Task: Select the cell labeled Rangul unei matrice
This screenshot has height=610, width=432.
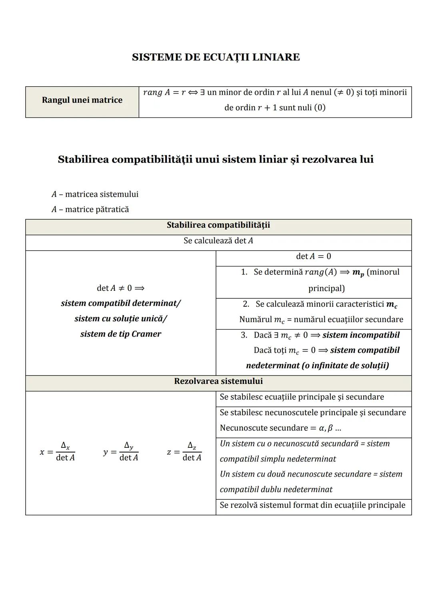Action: coord(82,100)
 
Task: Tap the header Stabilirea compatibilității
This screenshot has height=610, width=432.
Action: coord(218,225)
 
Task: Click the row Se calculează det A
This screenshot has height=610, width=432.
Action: coord(218,241)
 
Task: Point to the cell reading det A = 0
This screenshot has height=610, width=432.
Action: coord(313,256)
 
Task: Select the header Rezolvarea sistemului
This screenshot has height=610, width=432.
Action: coord(218,381)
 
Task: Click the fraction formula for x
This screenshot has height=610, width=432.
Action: coord(58,452)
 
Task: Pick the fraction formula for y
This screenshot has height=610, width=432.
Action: coord(121,452)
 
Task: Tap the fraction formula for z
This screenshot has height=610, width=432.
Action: coord(185,452)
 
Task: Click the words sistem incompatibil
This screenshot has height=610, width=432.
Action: coord(361,335)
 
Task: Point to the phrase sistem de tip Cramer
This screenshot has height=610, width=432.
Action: coord(120,334)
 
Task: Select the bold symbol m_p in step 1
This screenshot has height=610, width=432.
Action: coord(358,273)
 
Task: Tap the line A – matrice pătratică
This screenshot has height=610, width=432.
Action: coord(90,210)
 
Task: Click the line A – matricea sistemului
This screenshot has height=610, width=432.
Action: coord(95,195)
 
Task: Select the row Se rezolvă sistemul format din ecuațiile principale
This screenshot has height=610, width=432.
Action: coord(312,505)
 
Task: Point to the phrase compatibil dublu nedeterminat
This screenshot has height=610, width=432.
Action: coord(276,490)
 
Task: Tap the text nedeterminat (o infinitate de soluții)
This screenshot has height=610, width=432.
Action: coord(317,366)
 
